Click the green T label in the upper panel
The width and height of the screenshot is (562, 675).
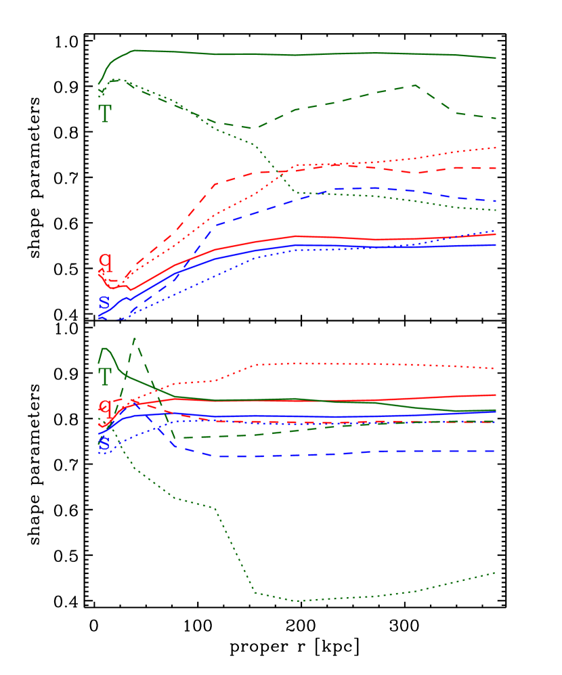[104, 113]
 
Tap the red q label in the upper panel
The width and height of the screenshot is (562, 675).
[105, 262]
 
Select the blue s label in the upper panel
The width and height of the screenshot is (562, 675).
[104, 301]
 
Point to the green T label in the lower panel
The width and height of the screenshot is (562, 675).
[104, 376]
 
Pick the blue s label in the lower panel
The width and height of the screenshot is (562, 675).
[104, 443]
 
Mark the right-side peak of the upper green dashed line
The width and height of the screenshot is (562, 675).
[414, 85]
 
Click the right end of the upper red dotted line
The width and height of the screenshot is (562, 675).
[496, 147]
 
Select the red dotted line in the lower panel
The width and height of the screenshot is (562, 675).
[339, 364]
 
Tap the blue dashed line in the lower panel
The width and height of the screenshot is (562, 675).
[339, 453]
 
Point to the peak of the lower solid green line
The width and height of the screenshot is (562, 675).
[104, 349]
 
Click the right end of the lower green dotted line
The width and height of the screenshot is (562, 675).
[496, 572]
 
